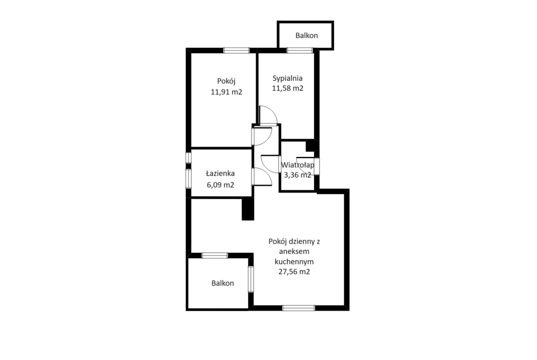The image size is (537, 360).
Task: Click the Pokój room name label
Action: pyautogui.click(x=226, y=82)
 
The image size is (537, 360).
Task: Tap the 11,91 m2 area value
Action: pyautogui.click(x=226, y=92)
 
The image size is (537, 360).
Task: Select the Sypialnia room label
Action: pyautogui.click(x=288, y=78)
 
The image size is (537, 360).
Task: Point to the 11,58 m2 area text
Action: pyautogui.click(x=288, y=89)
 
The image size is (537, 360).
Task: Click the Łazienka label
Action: pyautogui.click(x=220, y=173)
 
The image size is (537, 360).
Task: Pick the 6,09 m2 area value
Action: pyautogui.click(x=220, y=185)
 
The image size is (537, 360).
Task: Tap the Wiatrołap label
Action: pyautogui.click(x=297, y=165)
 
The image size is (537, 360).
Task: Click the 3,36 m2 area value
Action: pyautogui.click(x=297, y=175)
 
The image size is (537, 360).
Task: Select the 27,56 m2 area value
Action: pyautogui.click(x=294, y=271)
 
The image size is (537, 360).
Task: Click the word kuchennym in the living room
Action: pyautogui.click(x=294, y=262)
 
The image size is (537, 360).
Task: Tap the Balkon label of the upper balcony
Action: pyautogui.click(x=307, y=36)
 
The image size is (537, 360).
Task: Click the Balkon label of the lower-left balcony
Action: pyautogui.click(x=223, y=283)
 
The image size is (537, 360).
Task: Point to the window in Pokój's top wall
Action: pyautogui.click(x=236, y=50)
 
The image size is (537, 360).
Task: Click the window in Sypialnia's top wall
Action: pyautogui.click(x=300, y=50)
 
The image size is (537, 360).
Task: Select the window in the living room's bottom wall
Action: pyautogui.click(x=298, y=308)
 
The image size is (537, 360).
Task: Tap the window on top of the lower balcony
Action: pyautogui.click(x=215, y=255)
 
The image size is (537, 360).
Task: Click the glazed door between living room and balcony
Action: pyautogui.click(x=251, y=279)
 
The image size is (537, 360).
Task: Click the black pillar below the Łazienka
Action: pyautogui.click(x=248, y=209)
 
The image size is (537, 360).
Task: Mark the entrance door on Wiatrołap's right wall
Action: pyautogui.click(x=317, y=166)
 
